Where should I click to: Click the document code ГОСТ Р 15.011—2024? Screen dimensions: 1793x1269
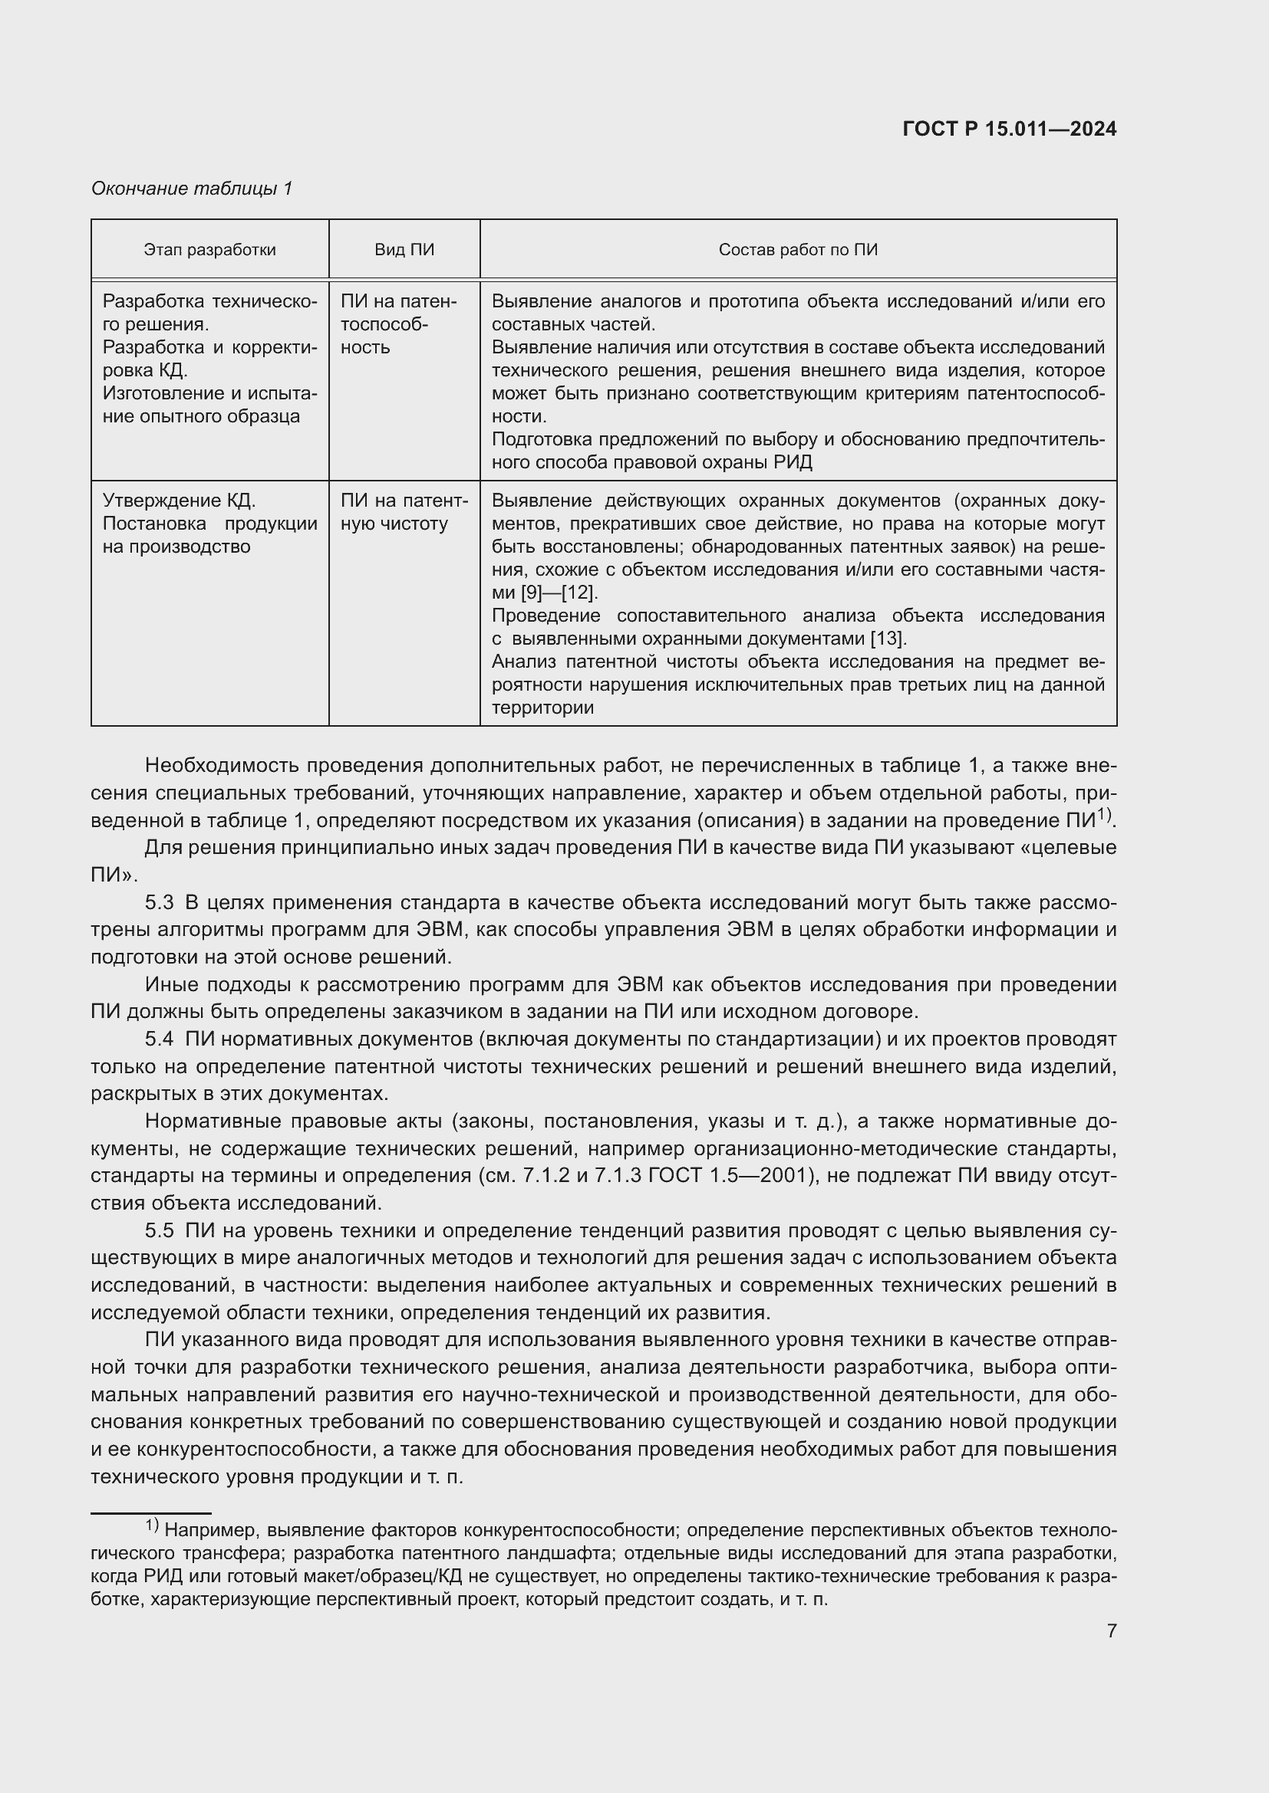[1009, 129]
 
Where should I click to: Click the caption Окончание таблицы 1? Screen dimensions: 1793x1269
[192, 189]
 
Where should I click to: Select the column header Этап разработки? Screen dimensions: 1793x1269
[209, 250]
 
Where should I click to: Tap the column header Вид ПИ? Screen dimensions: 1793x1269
[404, 250]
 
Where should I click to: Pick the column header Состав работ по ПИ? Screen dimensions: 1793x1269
[798, 250]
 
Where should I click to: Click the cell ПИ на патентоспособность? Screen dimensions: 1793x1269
[398, 324]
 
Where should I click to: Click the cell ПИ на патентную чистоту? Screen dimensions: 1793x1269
[404, 512]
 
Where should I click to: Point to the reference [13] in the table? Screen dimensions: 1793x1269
[888, 639]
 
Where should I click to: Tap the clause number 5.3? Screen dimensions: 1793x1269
[159, 903]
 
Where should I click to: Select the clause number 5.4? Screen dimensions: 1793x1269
[159, 1039]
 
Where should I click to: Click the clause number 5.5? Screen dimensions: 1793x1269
[159, 1231]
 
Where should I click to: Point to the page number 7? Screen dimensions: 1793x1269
[1111, 1630]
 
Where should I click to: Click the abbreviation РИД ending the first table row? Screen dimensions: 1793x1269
[793, 462]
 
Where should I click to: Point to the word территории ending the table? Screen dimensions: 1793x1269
[542, 708]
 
